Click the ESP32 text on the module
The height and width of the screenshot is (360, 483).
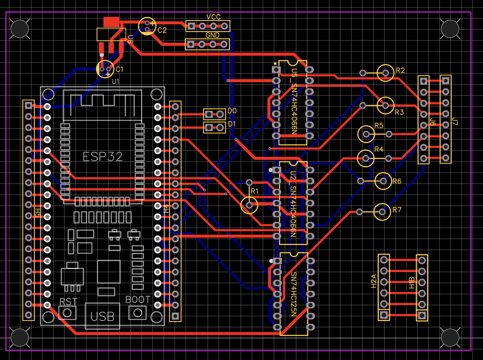[103, 157]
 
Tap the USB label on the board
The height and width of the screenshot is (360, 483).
[102, 317]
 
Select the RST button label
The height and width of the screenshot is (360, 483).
[68, 302]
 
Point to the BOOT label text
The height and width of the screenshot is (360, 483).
[138, 299]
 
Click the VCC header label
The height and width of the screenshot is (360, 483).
[213, 17]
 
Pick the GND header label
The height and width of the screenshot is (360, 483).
[212, 35]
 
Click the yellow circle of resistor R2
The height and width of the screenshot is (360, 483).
[385, 73]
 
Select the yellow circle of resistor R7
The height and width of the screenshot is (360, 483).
[382, 212]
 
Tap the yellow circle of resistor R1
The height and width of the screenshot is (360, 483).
[249, 205]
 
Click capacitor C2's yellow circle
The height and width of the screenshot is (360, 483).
[147, 26]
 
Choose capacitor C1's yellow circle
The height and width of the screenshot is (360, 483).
[105, 69]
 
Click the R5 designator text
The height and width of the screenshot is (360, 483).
[378, 126]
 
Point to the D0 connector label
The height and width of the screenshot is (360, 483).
[232, 111]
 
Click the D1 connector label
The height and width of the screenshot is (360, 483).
[232, 124]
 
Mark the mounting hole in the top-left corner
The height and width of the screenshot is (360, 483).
[20, 29]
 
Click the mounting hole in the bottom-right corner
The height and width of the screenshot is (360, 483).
[450, 337]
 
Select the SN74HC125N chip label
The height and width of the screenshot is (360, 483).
[293, 294]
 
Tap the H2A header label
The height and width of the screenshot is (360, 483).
[373, 281]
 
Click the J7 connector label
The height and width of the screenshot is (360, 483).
[455, 122]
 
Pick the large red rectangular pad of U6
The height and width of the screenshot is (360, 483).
[111, 22]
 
